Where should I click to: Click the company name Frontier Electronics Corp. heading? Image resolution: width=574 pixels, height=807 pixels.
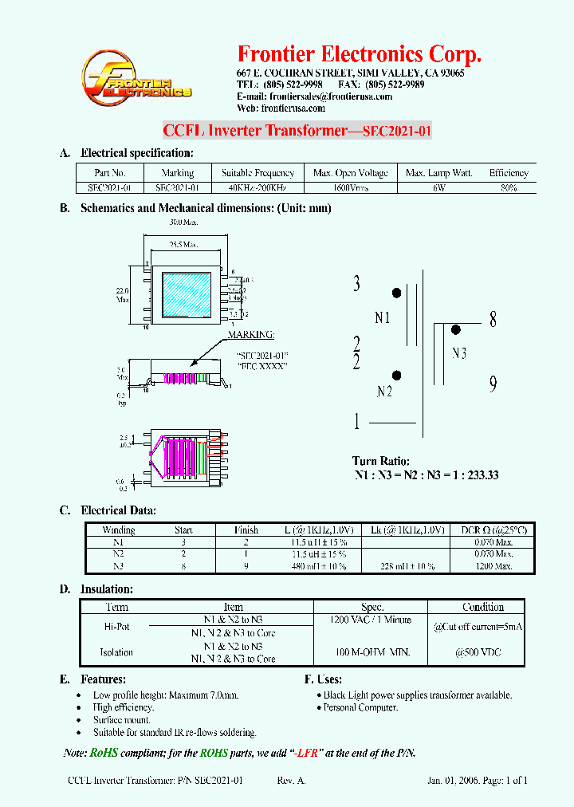pyautogui.click(x=360, y=54)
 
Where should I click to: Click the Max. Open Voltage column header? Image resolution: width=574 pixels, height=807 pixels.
pyautogui.click(x=350, y=173)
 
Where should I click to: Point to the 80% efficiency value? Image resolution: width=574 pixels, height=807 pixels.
pyautogui.click(x=508, y=188)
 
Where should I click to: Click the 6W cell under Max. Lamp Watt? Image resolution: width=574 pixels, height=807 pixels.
pyautogui.click(x=438, y=188)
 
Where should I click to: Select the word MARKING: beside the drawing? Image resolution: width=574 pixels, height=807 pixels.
pyautogui.click(x=251, y=335)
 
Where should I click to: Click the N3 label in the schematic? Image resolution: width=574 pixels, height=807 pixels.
pyautogui.click(x=458, y=353)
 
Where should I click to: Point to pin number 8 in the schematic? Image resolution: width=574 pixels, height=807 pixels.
pyautogui.click(x=493, y=321)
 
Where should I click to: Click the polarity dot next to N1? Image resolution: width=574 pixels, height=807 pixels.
pyautogui.click(x=396, y=293)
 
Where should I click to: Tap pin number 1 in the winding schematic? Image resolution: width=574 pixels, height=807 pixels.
pyautogui.click(x=356, y=422)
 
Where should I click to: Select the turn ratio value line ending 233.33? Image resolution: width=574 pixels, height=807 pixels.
pyautogui.click(x=426, y=475)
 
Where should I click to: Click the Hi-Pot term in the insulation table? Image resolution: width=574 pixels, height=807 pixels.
pyautogui.click(x=116, y=627)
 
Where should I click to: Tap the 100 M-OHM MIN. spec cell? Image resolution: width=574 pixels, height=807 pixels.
pyautogui.click(x=372, y=652)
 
